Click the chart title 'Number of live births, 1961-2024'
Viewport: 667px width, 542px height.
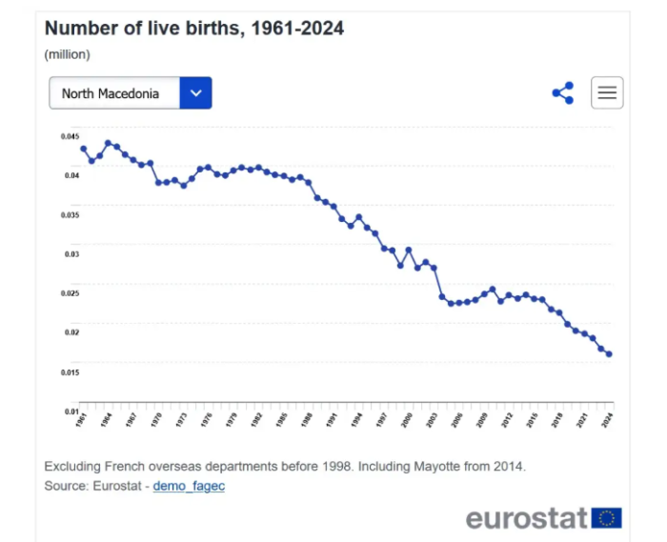click(x=193, y=29)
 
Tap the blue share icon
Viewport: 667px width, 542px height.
click(x=563, y=92)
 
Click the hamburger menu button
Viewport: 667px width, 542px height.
click(x=607, y=92)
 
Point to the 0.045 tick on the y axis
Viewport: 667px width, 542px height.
click(x=70, y=136)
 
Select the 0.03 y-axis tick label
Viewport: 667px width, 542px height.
click(x=71, y=254)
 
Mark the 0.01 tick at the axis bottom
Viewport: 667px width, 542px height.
click(x=71, y=412)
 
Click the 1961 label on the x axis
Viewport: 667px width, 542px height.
click(x=82, y=419)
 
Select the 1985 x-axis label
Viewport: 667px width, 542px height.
click(x=282, y=419)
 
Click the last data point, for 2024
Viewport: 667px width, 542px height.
click(x=610, y=354)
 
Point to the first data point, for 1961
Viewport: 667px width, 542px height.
click(x=83, y=149)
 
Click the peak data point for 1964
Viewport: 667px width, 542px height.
click(x=108, y=143)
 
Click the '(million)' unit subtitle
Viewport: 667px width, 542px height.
click(x=67, y=54)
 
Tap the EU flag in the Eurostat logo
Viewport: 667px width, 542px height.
click(x=606, y=518)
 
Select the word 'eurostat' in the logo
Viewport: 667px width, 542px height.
click(x=525, y=518)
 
